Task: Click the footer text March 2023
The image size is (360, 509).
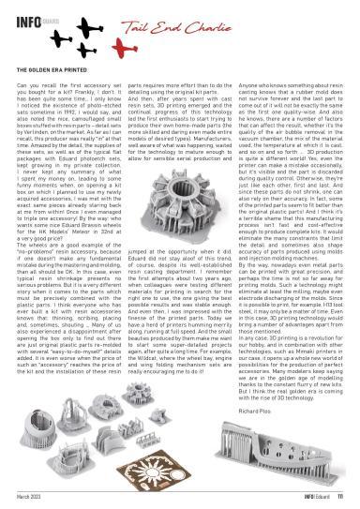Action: coord(32,500)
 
